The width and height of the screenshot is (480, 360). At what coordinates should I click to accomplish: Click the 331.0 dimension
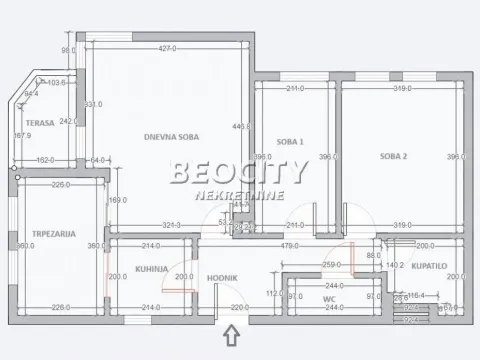click(x=93, y=104)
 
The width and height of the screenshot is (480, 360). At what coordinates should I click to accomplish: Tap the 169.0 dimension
click(x=118, y=200)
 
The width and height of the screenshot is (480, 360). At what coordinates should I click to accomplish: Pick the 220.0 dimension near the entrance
click(x=239, y=307)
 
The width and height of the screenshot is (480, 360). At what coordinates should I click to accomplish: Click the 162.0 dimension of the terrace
click(x=45, y=159)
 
